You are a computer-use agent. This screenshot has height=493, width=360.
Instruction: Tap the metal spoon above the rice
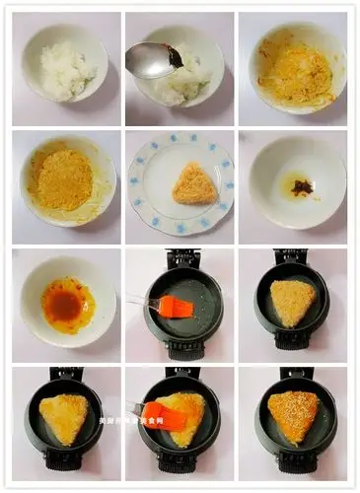tap(150, 61)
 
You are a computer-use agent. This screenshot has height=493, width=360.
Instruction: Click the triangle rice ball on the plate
tap(194, 184)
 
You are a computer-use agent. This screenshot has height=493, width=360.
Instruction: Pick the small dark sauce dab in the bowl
tap(301, 185)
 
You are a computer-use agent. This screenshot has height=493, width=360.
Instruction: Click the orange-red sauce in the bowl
tap(66, 304)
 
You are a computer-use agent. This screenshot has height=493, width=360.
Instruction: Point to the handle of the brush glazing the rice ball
tap(134, 407)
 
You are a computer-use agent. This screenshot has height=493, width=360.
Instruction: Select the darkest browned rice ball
tap(294, 415)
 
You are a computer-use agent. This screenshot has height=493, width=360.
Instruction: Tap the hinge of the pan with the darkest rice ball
tap(295, 375)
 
